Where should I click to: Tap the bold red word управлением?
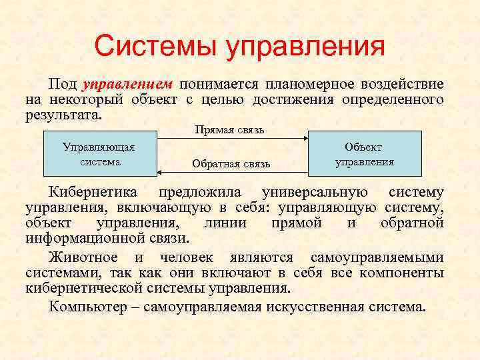click(x=127, y=85)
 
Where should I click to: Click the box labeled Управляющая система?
click(x=98, y=153)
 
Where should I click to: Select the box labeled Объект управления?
click(x=365, y=153)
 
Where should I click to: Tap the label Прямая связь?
click(x=229, y=129)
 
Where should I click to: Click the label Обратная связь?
click(x=231, y=163)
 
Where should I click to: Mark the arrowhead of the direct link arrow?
click(x=306, y=138)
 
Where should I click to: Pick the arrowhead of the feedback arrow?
click(x=159, y=172)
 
